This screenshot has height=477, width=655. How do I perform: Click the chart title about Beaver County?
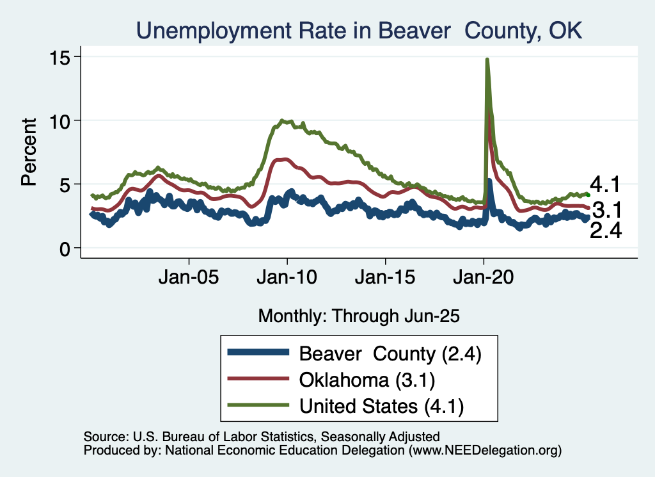point(358,30)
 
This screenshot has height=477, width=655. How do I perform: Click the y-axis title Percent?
point(29,152)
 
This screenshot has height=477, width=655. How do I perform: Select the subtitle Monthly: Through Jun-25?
point(359,316)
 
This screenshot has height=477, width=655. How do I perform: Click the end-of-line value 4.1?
point(606,186)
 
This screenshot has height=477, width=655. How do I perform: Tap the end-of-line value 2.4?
point(606,232)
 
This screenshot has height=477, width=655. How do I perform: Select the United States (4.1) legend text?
point(381,406)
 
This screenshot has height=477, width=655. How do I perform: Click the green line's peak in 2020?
point(487,60)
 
